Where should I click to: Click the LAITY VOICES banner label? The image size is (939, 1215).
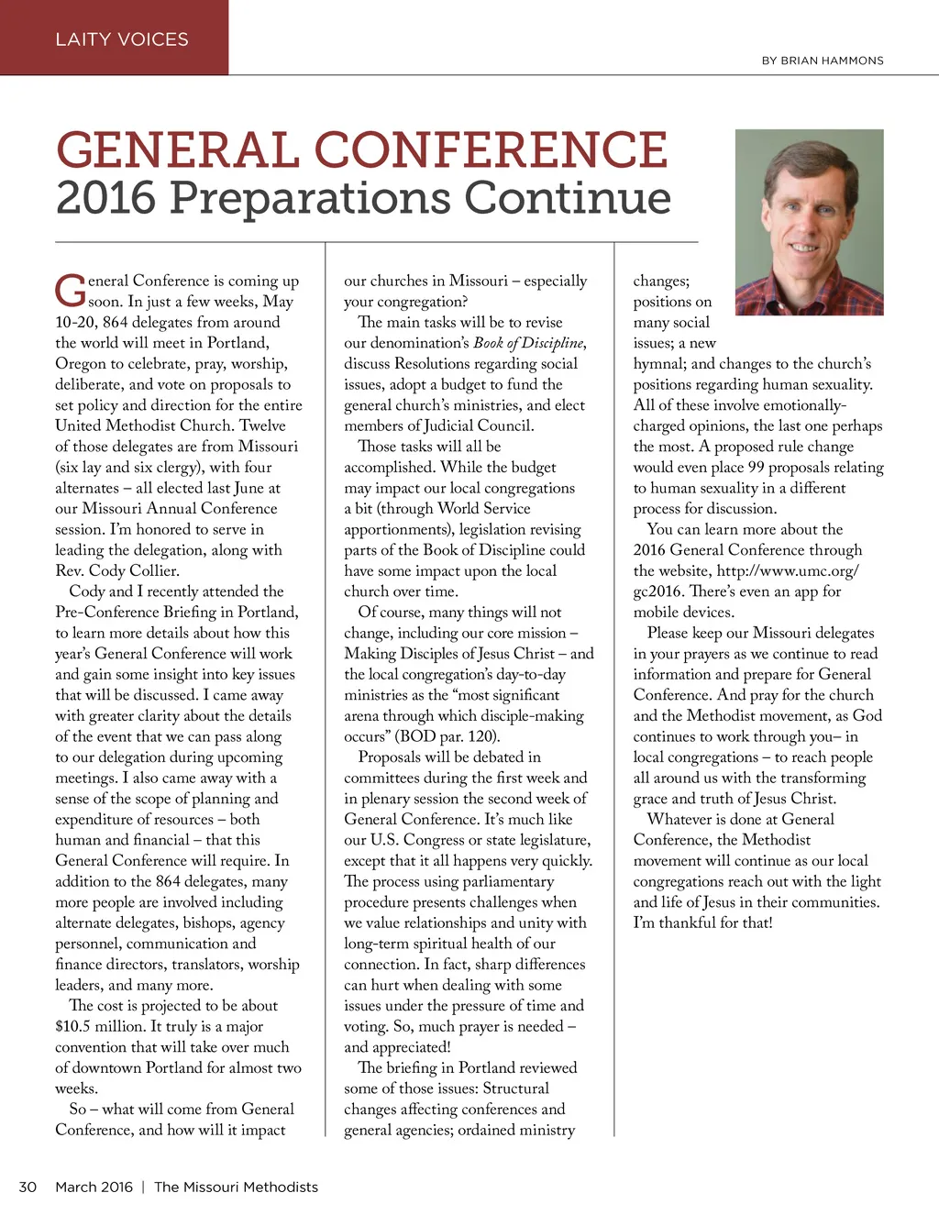(122, 39)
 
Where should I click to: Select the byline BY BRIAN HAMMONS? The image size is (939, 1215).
(823, 61)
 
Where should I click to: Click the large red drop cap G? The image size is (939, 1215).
(70, 291)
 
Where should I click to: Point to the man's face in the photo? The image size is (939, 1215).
(806, 215)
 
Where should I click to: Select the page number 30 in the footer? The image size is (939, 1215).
(28, 1187)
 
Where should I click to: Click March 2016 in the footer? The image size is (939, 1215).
(94, 1187)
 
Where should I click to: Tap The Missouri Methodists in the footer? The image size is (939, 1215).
(236, 1187)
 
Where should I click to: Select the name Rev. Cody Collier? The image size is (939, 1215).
(116, 570)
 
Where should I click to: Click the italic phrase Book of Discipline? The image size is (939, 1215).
(528, 343)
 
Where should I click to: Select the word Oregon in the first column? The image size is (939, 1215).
(81, 363)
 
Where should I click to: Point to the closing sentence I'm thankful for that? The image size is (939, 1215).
(702, 922)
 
